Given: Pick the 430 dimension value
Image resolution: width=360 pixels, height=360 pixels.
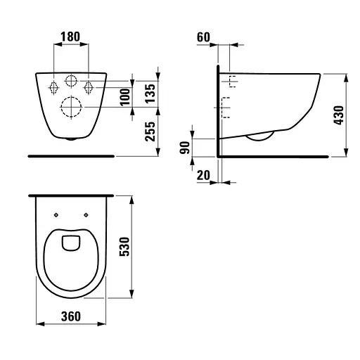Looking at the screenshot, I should [x=339, y=115].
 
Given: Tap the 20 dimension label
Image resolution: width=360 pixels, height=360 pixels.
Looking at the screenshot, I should [x=203, y=175].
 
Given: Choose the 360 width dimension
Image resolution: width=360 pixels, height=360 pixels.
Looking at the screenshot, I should [x=71, y=316].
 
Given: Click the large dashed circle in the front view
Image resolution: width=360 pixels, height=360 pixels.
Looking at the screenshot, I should [x=72, y=107].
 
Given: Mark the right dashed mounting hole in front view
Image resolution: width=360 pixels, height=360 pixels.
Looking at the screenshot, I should [x=89, y=86].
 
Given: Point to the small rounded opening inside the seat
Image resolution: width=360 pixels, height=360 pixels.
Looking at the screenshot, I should [x=71, y=243].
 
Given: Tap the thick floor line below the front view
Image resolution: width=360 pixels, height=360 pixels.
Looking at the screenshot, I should [x=71, y=153].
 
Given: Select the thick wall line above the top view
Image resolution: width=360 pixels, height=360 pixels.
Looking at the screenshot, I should [x=71, y=195].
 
